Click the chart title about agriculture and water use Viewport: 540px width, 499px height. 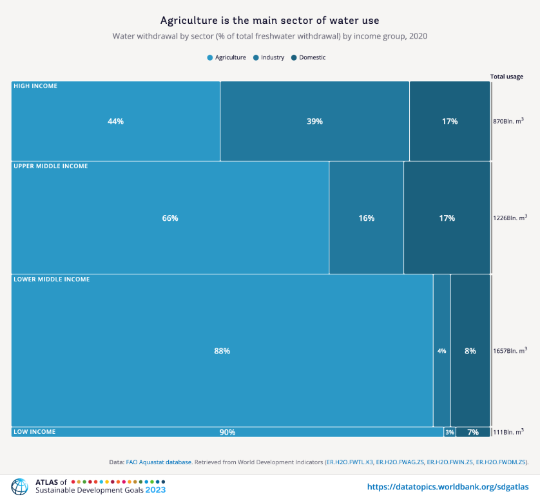[x=269, y=21]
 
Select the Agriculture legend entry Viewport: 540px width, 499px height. [x=226, y=57]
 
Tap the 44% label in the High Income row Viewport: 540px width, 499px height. [x=115, y=121]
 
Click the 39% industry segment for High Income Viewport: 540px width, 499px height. [x=314, y=121]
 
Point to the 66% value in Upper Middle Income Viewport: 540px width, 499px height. [x=170, y=218]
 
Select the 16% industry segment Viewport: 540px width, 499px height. [x=366, y=218]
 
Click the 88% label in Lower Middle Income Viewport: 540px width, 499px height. [x=222, y=351]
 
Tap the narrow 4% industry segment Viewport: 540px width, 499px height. [x=441, y=351]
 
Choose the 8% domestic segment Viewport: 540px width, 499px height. [x=470, y=351]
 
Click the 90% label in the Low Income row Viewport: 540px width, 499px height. [x=227, y=432]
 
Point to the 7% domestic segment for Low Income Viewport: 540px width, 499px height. [x=473, y=432]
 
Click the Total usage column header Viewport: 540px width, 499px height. [x=506, y=77]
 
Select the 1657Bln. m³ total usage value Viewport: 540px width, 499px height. [x=510, y=351]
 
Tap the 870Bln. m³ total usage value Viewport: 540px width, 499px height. [x=508, y=121]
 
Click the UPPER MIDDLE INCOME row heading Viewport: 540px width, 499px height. [x=51, y=166]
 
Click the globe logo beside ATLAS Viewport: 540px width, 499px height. [x=20, y=486]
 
